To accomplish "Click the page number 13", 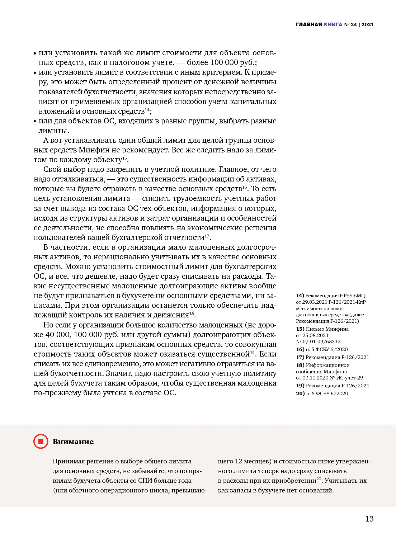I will tap(369, 519).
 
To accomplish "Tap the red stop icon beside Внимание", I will tap(41, 441).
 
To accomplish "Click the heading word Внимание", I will tap(73, 442).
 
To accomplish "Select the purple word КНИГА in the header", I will tap(333, 24).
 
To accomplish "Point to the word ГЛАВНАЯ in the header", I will tap(309, 24).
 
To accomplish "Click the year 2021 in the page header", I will tap(368, 24).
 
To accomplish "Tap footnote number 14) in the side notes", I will tap(300, 296).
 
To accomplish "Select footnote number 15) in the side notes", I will tap(300, 329).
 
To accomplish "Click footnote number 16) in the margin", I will tap(300, 349).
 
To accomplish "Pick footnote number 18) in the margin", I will tap(300, 365).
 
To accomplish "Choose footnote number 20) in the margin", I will tap(300, 393).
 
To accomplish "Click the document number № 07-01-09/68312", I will tap(318, 341).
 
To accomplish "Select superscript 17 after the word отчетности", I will tap(207, 236).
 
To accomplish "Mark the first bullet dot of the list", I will tap(35, 53).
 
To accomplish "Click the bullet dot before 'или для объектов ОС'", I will tap(35, 122).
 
